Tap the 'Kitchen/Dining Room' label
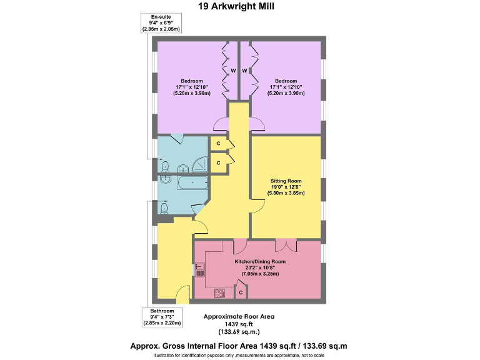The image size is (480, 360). pos(260,262)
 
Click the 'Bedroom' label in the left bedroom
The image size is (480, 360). pos(192,81)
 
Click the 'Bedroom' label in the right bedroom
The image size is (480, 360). pos(286,81)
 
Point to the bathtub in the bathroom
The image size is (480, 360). pos(192,183)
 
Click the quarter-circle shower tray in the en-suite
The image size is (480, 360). pos(200,166)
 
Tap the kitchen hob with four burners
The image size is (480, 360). pos(220,292)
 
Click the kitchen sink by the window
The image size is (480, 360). pos(200,270)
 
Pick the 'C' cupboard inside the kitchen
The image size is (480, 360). pos(241,292)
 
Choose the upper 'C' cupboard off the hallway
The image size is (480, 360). pos(219,144)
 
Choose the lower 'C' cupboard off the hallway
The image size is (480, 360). pos(219,163)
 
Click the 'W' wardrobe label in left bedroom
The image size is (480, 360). pos(232,71)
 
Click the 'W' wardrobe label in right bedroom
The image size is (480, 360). pos(245,71)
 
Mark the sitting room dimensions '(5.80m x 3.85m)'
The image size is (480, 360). pos(287,193)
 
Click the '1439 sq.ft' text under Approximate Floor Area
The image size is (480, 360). pos(239,324)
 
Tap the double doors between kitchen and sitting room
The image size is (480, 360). pos(286,244)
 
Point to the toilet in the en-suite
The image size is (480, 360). pos(165,167)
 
